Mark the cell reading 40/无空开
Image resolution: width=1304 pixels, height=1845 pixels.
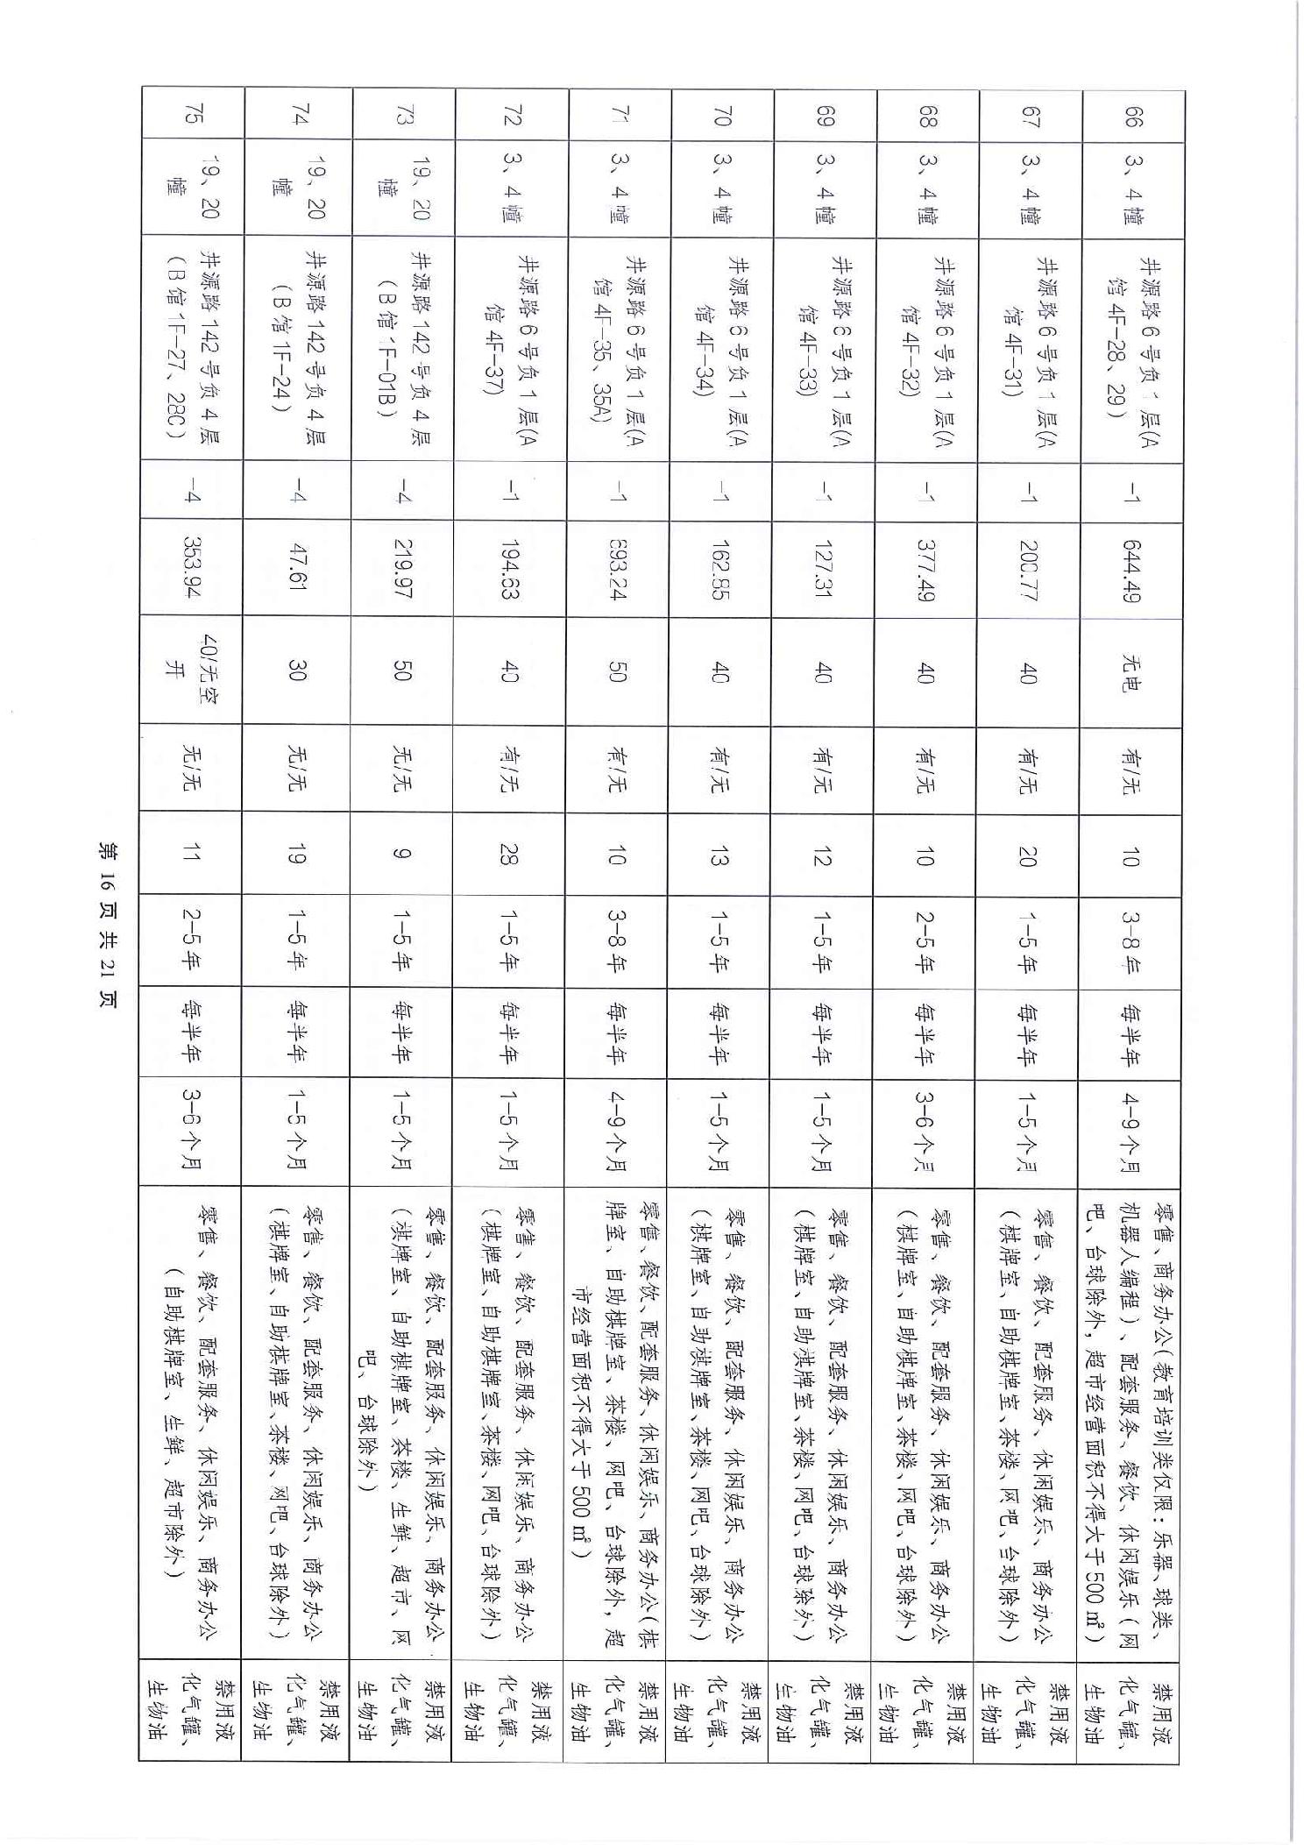pyautogui.click(x=190, y=671)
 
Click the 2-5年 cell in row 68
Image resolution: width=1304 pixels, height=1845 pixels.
pyautogui.click(x=925, y=942)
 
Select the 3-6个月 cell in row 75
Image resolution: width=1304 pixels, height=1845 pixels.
pyautogui.click(x=190, y=1131)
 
